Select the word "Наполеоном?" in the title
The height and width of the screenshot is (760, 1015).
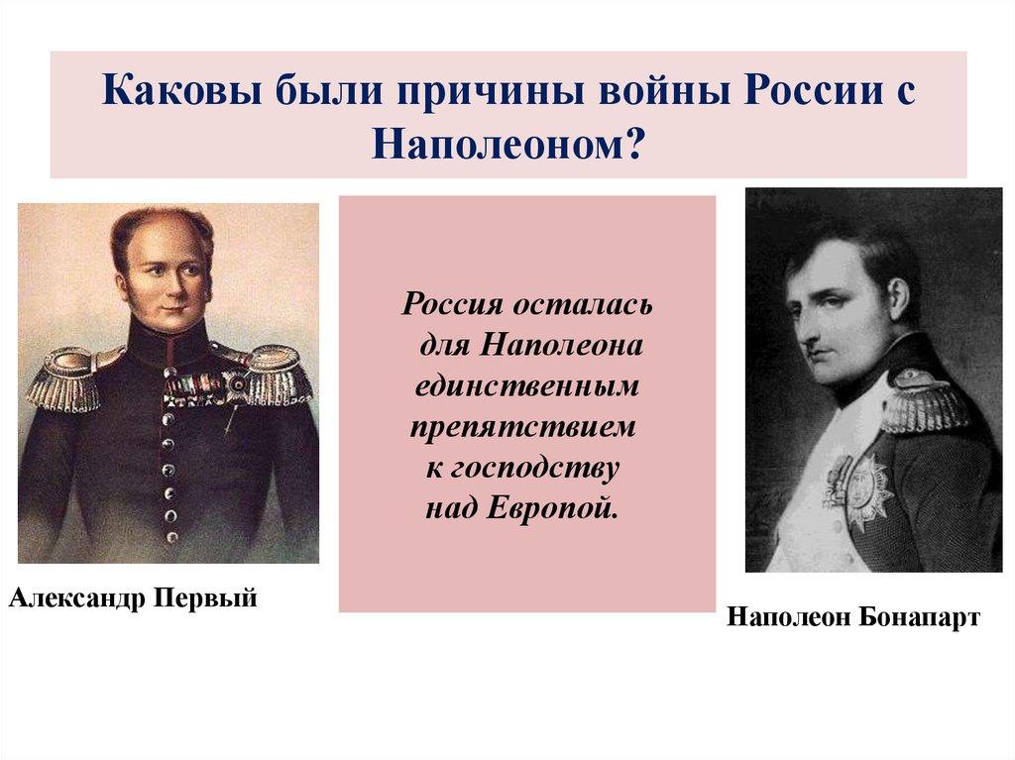pos(508,145)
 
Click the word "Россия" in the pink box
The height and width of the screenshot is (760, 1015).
pos(448,302)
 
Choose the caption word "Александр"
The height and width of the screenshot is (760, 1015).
pos(72,597)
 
